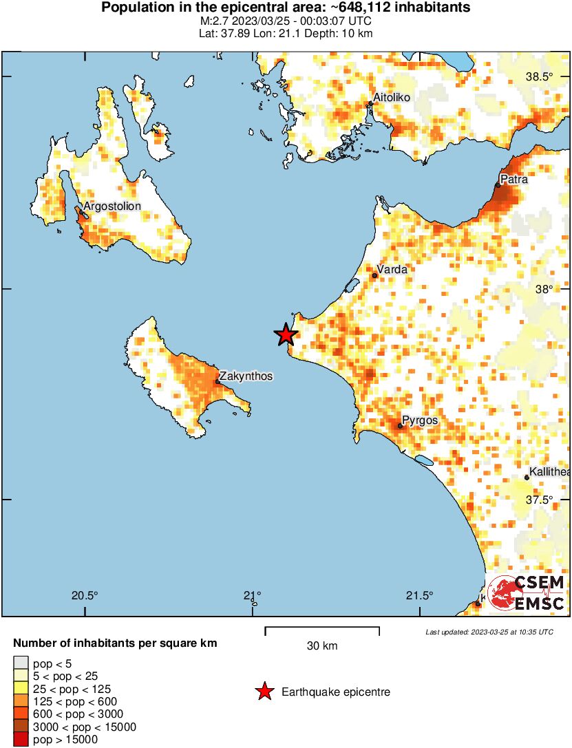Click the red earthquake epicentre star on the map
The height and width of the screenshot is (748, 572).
pyautogui.click(x=286, y=335)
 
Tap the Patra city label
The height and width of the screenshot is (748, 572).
pyautogui.click(x=514, y=180)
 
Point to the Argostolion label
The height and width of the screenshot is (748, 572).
pyautogui.click(x=112, y=206)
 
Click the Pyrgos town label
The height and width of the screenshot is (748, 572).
pyautogui.click(x=420, y=420)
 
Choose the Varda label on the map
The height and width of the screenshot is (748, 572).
pyautogui.click(x=393, y=270)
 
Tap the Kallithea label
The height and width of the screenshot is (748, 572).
pyautogui.click(x=549, y=471)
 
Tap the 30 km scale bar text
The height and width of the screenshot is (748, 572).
pyautogui.click(x=322, y=646)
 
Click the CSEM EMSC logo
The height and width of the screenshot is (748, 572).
pyautogui.click(x=527, y=593)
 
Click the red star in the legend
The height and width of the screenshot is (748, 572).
pyautogui.click(x=264, y=692)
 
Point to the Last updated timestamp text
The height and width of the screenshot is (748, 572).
pyautogui.click(x=489, y=632)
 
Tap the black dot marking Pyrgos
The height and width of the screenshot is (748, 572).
pyautogui.click(x=400, y=426)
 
